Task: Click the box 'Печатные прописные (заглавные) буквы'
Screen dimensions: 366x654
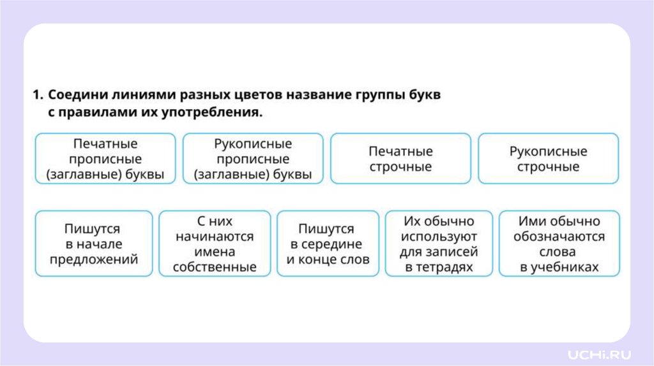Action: pyautogui.click(x=105, y=159)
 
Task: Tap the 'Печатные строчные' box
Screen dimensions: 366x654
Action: pyautogui.click(x=400, y=159)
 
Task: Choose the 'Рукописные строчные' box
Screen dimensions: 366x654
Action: pyautogui.click(x=548, y=159)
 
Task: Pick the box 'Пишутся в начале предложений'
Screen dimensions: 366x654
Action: pyautogui.click(x=94, y=244)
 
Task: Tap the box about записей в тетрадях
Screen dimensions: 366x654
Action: pyautogui.click(x=439, y=244)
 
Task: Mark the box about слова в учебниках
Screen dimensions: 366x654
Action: pyautogui.click(x=559, y=244)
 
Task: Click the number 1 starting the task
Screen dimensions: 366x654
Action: pyautogui.click(x=36, y=96)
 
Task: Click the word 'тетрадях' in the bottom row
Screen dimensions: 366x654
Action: pyautogui.click(x=439, y=267)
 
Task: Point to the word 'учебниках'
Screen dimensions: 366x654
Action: pyautogui.click(x=559, y=267)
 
